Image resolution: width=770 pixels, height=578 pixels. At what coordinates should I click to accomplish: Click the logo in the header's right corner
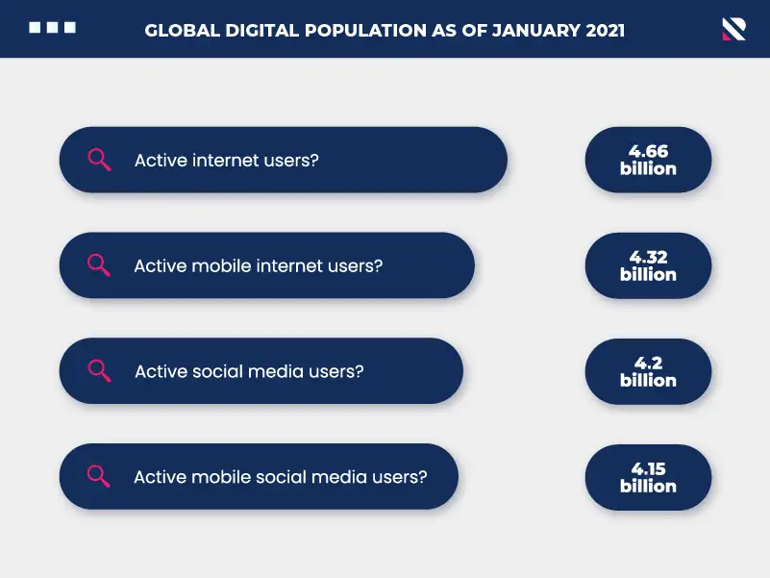tap(734, 29)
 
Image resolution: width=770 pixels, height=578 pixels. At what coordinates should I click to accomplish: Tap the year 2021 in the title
tap(605, 31)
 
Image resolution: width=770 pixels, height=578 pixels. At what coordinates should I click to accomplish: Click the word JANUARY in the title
tap(536, 31)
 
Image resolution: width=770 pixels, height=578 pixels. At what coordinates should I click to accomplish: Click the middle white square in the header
tap(53, 28)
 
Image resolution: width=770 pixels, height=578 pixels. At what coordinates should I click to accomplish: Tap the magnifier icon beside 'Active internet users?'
tap(99, 160)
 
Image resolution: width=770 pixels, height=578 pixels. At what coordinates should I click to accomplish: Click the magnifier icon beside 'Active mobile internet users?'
tap(99, 265)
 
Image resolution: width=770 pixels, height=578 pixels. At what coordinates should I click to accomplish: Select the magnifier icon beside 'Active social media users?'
tap(99, 371)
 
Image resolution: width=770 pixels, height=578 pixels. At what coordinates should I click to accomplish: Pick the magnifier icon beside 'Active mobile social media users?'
tap(98, 476)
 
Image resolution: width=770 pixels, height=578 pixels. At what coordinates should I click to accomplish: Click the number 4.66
tap(648, 151)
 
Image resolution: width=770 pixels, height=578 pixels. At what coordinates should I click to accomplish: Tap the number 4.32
tap(648, 257)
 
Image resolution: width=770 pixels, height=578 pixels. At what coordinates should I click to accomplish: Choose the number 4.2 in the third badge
tap(648, 363)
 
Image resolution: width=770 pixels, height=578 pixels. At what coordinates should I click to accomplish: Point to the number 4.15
tap(648, 468)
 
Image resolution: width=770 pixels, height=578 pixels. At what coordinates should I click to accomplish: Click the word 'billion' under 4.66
tap(648, 168)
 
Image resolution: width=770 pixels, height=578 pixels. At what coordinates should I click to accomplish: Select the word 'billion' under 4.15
tap(648, 486)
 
